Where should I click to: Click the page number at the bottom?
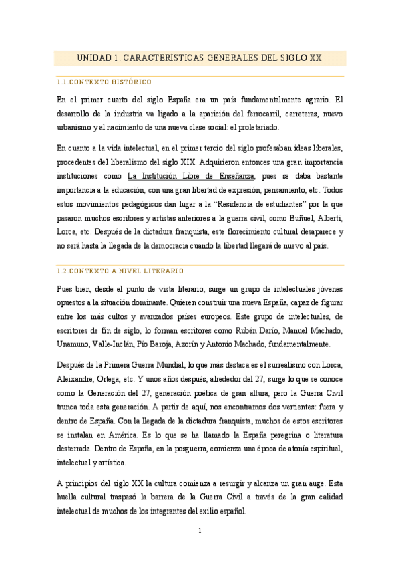click(x=200, y=531)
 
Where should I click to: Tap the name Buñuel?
click(x=290, y=219)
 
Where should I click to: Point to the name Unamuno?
click(x=74, y=344)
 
